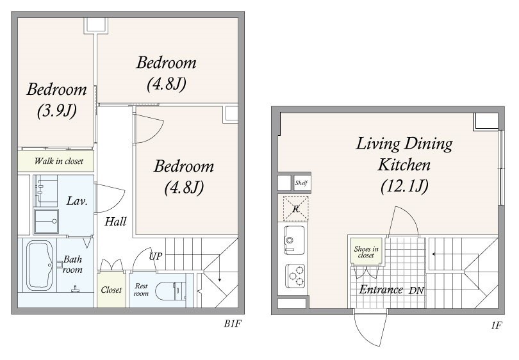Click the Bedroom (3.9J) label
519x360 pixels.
[56, 100]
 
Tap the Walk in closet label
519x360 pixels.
[58, 161]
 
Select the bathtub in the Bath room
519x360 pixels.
[39, 266]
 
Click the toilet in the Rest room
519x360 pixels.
[168, 291]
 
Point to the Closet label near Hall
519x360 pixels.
[111, 290]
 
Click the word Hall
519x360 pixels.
[115, 222]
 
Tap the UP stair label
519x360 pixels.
[156, 256]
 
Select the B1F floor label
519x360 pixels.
[233, 323]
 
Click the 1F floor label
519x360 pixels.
[497, 325]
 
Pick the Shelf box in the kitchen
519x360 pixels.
[301, 183]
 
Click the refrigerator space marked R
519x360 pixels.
[295, 209]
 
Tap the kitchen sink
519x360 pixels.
[294, 240]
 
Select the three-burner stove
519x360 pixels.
[295, 276]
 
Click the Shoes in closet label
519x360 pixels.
[366, 252]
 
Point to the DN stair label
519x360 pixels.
[416, 291]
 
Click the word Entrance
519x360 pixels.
[381, 290]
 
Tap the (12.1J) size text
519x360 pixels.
[404, 186]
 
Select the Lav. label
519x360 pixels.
[77, 201]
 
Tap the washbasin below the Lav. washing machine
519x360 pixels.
[46, 221]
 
